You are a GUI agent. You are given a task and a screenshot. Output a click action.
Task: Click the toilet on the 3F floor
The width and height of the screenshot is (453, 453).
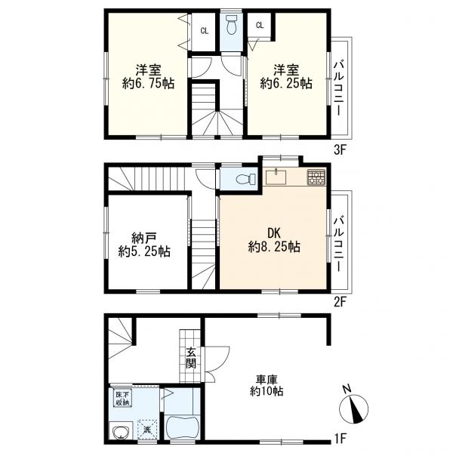tap(231, 25)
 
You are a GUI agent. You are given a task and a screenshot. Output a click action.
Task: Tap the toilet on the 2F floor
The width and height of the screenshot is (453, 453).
tap(245, 179)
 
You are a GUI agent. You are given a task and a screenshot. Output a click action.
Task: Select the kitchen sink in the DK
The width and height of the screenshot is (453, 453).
tap(276, 177)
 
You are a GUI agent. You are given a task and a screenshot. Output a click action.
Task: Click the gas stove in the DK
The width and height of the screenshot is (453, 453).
tap(316, 177)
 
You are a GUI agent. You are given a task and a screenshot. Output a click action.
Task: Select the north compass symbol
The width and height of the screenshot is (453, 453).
tap(353, 406)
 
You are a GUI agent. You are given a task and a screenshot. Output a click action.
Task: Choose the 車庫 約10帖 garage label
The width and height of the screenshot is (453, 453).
tap(267, 385)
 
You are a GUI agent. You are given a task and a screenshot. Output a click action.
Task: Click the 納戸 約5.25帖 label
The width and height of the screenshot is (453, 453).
tap(144, 245)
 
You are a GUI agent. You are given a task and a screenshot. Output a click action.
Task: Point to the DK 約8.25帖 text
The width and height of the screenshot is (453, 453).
tap(274, 240)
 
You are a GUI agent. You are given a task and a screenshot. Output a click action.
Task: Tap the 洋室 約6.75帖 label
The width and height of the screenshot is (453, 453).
tap(148, 76)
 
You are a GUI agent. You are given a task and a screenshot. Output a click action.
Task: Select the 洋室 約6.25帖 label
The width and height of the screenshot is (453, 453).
tap(286, 76)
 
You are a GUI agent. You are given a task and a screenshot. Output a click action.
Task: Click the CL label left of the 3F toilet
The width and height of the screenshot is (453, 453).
tap(205, 31)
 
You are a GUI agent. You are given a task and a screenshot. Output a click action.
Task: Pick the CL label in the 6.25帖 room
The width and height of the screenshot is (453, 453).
tap(260, 25)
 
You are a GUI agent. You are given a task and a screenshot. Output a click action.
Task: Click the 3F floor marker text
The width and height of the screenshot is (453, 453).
tap(340, 150)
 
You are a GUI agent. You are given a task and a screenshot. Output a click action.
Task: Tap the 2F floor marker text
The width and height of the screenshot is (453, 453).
tap(340, 303)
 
